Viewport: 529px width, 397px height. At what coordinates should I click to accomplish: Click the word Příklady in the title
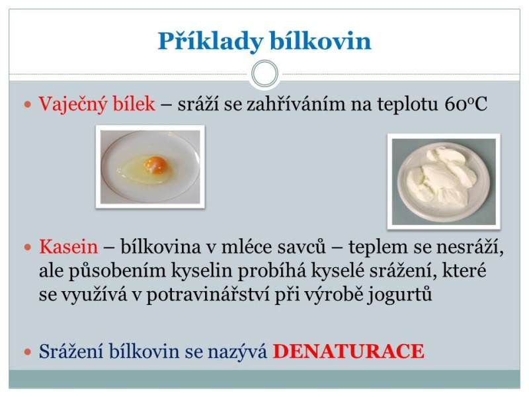coord(210,42)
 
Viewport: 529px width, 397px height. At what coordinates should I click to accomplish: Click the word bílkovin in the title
coord(321,41)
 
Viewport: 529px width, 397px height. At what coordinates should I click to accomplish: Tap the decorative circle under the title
coord(265,73)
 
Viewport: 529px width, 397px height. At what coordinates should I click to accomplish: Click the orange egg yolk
coord(155,164)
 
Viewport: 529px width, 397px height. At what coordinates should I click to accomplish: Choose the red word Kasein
coord(69,247)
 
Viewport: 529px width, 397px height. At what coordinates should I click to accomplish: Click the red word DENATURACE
coord(348,351)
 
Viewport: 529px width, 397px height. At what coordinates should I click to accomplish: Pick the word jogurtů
coord(399,294)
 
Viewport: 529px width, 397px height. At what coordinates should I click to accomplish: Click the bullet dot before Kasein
coord(28,247)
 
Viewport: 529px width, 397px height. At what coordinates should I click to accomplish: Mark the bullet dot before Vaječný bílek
coord(28,105)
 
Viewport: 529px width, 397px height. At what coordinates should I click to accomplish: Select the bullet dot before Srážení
coord(28,352)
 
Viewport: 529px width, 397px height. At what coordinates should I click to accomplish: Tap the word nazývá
coord(237,352)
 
